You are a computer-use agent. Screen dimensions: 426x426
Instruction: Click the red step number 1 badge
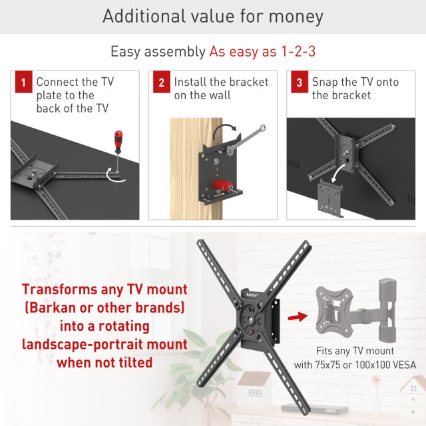tap(24, 82)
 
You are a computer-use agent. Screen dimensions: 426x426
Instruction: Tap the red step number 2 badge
tap(162, 82)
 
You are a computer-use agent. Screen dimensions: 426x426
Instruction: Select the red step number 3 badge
tap(300, 82)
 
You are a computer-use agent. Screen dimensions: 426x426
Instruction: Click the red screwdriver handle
tap(118, 142)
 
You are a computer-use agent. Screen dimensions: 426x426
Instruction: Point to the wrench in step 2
tap(246, 140)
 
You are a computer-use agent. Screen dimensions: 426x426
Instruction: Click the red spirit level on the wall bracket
tap(222, 186)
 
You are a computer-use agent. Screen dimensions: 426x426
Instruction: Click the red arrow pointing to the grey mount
tap(298, 317)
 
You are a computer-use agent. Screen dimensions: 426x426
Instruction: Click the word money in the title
tap(296, 16)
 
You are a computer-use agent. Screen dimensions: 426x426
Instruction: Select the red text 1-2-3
tap(298, 51)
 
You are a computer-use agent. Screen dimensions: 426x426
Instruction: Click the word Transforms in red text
tap(59, 289)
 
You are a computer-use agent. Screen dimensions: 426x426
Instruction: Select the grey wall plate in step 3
tap(329, 198)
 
